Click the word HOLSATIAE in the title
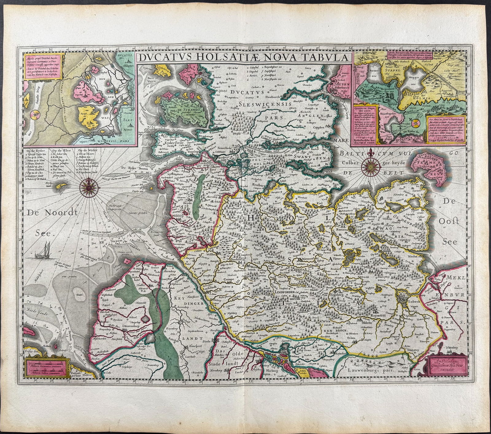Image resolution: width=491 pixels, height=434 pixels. (x=228, y=58)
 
